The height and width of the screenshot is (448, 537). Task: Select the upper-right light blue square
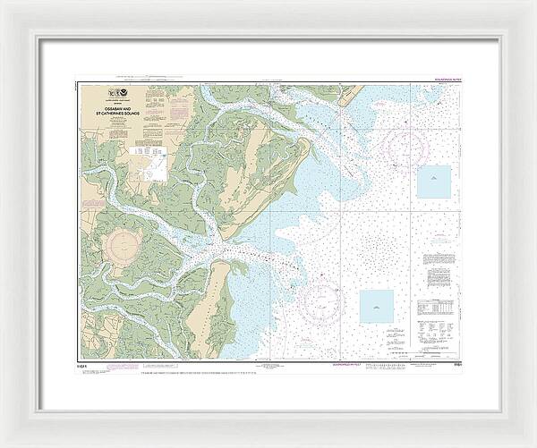[x=434, y=182]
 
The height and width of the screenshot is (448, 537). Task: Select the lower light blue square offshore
[x=377, y=307]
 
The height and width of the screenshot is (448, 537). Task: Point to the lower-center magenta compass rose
[x=322, y=300]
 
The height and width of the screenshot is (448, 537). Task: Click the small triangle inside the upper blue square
[x=434, y=180]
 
